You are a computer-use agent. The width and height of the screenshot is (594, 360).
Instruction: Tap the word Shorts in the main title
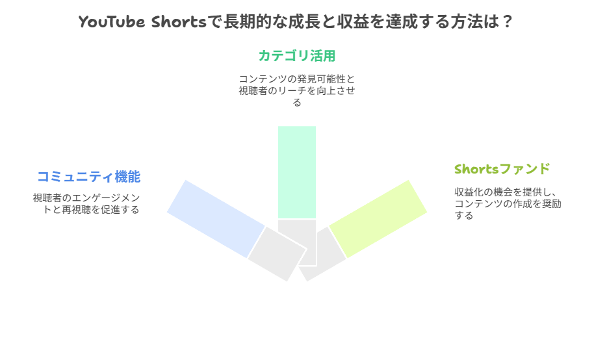point(179,21)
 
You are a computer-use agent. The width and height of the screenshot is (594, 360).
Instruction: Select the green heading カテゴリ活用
point(297,56)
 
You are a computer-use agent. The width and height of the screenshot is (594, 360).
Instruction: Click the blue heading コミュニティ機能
point(88,177)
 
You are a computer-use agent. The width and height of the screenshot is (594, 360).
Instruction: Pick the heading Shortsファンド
point(502,170)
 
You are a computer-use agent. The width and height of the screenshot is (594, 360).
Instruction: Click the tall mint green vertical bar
point(297,172)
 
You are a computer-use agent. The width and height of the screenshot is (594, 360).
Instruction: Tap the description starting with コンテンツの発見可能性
point(297,79)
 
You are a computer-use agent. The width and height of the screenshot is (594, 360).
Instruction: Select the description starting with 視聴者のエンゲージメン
point(86,198)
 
